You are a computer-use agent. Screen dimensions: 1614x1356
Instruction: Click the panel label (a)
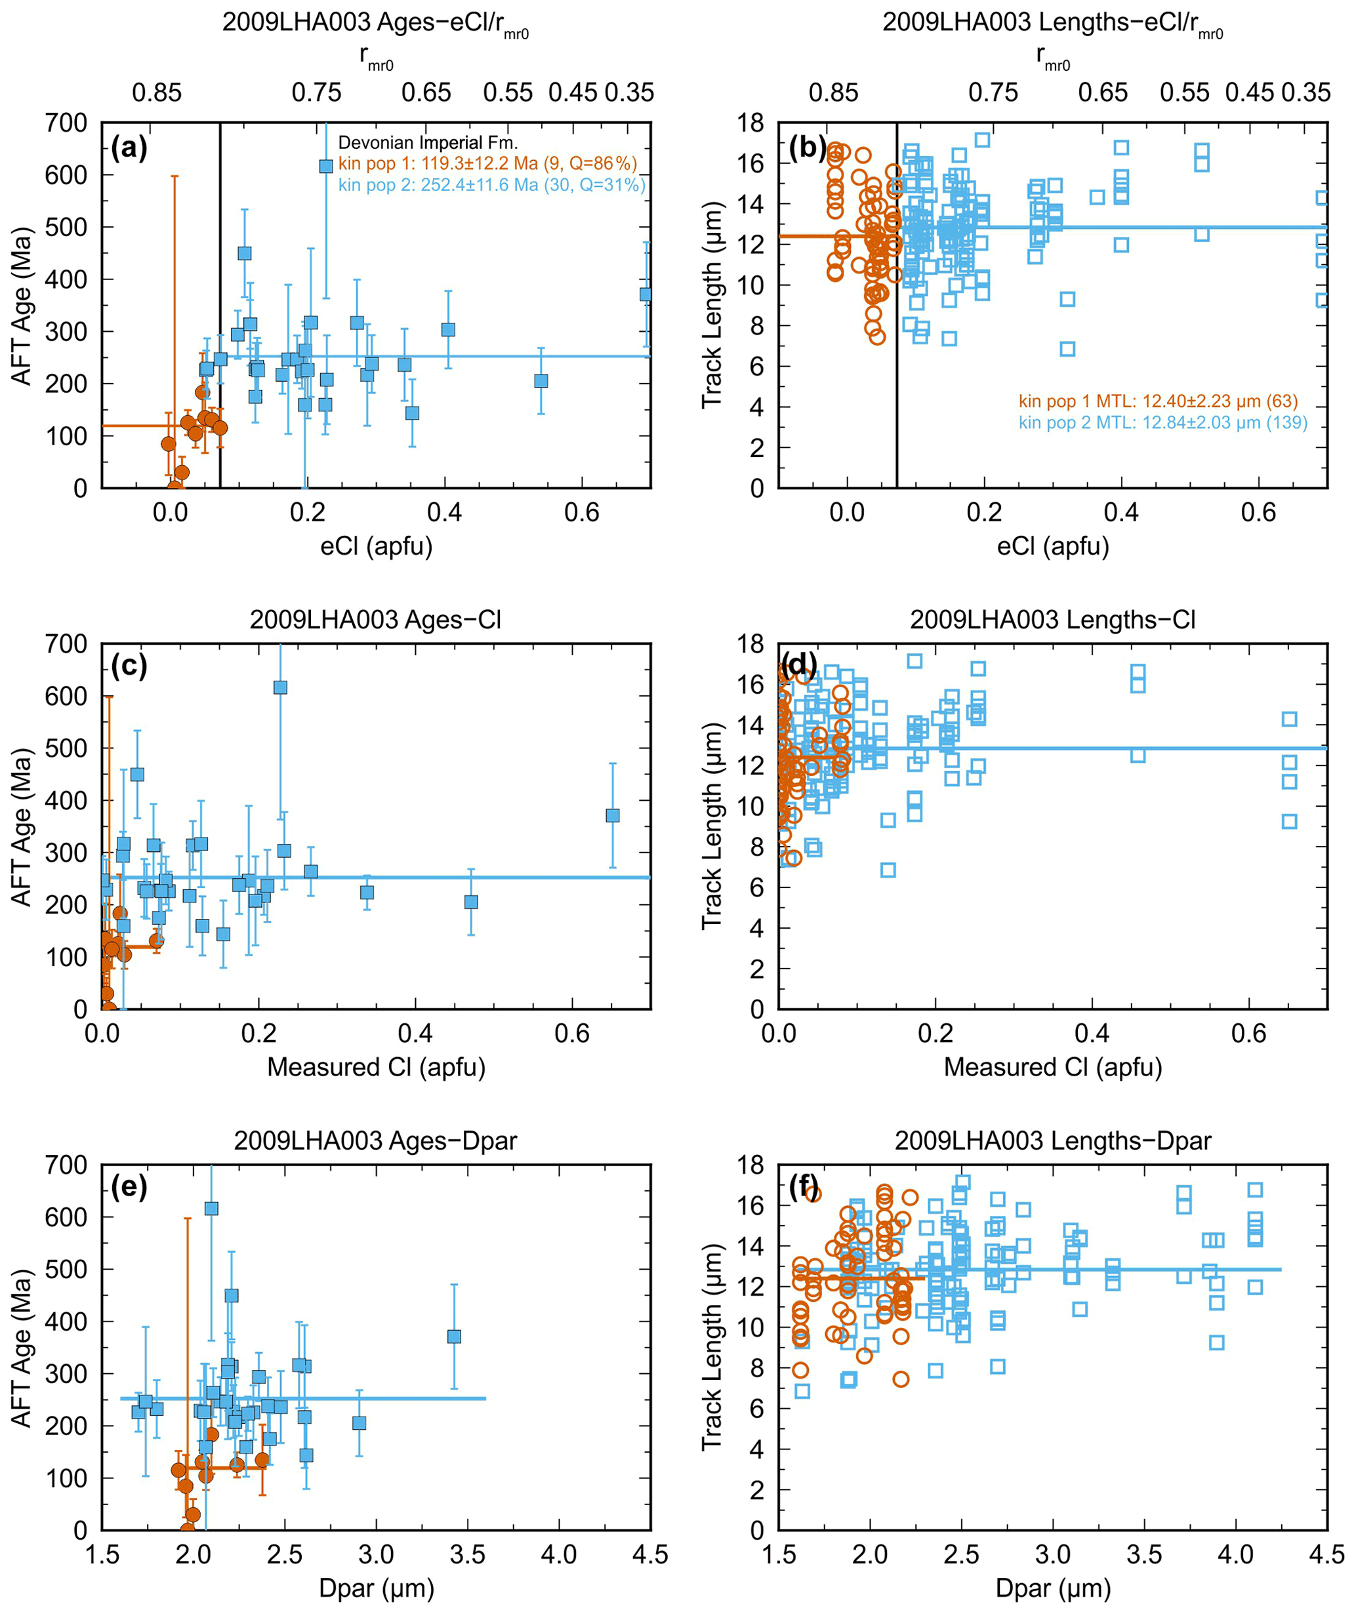click(x=129, y=146)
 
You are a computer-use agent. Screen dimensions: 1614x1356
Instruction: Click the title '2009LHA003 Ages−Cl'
click(x=375, y=620)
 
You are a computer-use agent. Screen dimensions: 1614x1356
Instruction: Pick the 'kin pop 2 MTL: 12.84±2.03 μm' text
click(x=1162, y=423)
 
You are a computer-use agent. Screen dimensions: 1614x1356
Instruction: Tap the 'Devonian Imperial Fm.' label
click(x=428, y=143)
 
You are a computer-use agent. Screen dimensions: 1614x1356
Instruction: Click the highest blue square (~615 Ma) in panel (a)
click(x=326, y=166)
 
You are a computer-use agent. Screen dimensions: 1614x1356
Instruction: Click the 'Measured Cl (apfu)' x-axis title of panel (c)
click(x=376, y=1067)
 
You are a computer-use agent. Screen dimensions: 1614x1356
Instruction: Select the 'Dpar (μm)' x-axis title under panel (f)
click(x=1052, y=1588)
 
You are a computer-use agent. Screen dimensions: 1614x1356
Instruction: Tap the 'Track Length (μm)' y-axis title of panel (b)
click(x=712, y=304)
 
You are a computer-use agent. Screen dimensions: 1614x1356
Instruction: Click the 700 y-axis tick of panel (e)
click(x=67, y=1165)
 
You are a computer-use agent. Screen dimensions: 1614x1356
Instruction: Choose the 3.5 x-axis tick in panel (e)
click(x=467, y=1555)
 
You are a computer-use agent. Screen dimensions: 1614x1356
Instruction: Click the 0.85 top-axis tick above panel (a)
click(x=157, y=93)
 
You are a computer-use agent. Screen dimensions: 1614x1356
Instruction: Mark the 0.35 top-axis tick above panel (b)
click(x=1305, y=93)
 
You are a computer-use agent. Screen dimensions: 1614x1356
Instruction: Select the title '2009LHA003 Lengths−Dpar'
click(x=1052, y=1140)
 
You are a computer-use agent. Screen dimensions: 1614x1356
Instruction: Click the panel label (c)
click(x=129, y=666)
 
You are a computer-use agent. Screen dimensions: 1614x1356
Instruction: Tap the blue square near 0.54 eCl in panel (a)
click(x=541, y=381)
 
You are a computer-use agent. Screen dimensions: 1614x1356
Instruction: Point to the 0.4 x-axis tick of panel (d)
click(x=1092, y=1034)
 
